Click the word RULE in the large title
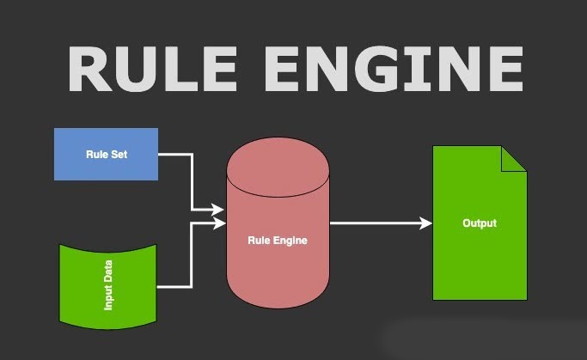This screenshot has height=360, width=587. [x=152, y=70]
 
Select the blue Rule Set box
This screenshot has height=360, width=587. [x=106, y=154]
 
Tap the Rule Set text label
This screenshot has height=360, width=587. [x=107, y=154]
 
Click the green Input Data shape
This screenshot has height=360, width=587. [x=107, y=287]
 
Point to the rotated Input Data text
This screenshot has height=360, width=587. [x=107, y=285]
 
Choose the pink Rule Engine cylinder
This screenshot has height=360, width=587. [x=278, y=223]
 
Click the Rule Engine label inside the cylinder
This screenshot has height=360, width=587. [x=278, y=241]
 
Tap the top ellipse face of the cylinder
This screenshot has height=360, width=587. [x=278, y=167]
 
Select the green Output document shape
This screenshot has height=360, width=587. [x=480, y=223]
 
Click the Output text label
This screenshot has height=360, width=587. [x=480, y=223]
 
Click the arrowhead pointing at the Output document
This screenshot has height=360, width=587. [x=425, y=223]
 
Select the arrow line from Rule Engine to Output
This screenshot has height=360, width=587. [x=381, y=223]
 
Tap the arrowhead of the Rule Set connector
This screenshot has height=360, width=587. [x=217, y=210]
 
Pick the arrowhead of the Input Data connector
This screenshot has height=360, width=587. [x=219, y=223]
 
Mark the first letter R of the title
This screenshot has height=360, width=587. [x=90, y=70]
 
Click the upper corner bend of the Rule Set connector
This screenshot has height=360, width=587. [x=192, y=154]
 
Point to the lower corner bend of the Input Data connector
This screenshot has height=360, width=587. [x=192, y=287]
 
